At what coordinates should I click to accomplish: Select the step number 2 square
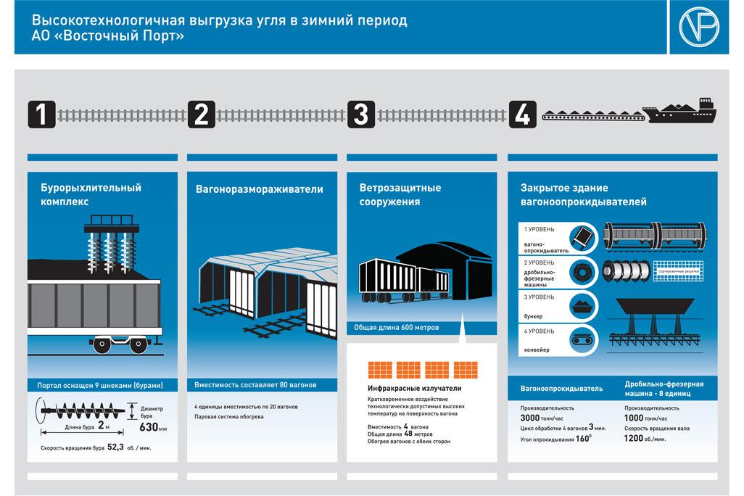point(202,114)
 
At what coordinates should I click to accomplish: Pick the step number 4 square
point(523,114)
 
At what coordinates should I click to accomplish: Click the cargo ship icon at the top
point(682,112)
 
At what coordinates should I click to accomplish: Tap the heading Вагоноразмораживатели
point(260,189)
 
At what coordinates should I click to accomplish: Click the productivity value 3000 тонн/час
point(547,418)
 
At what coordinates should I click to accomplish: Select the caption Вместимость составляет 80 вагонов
point(255,384)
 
